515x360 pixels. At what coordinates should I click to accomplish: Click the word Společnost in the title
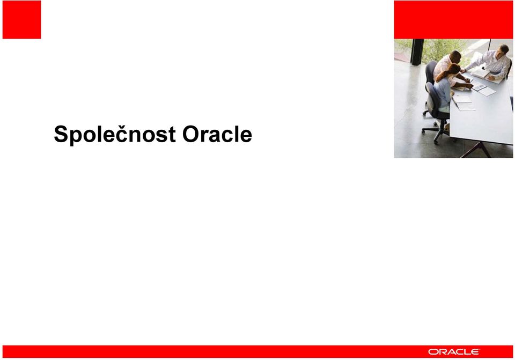pyautogui.click(x=115, y=135)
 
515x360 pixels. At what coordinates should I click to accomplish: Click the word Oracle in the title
pyautogui.click(x=217, y=134)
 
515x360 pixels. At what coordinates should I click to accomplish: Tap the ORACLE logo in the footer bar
pyautogui.click(x=454, y=352)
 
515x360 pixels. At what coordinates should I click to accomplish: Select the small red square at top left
pyautogui.click(x=21, y=20)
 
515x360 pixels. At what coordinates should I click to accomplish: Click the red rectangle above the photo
pyautogui.click(x=453, y=20)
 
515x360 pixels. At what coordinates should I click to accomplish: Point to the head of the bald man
pyautogui.click(x=455, y=56)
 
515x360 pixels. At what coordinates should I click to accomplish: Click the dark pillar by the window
pyautogui.click(x=417, y=52)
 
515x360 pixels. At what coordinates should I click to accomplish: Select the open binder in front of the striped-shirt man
pyautogui.click(x=483, y=74)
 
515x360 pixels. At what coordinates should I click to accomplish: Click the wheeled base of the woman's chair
pyautogui.click(x=435, y=131)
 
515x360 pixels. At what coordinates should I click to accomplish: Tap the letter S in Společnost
pyautogui.click(x=62, y=134)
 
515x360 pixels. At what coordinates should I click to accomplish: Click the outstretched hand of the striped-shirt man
pyautogui.click(x=464, y=70)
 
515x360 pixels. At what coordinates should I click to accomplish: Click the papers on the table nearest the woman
pyautogui.click(x=463, y=102)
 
